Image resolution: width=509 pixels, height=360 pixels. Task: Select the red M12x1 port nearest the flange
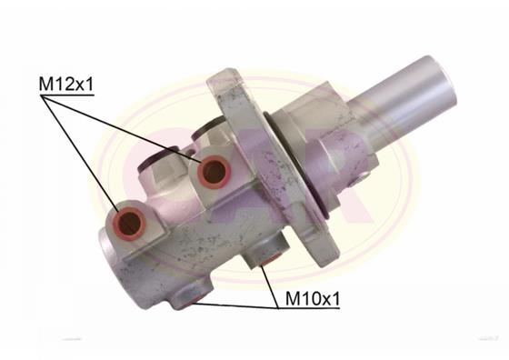pos(214,168)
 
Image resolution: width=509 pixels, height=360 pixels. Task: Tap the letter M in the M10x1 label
pos(294,296)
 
